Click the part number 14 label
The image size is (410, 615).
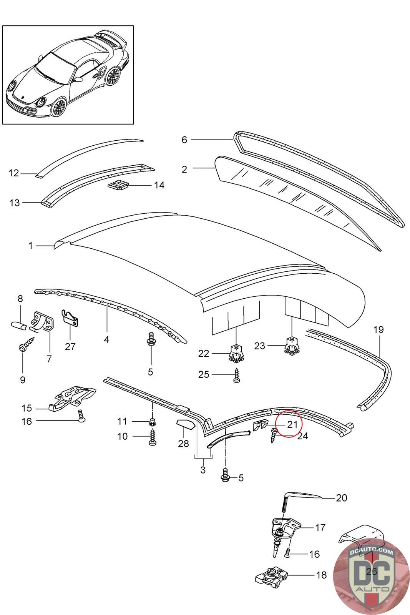tap(159, 185)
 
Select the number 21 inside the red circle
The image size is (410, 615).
tap(292, 424)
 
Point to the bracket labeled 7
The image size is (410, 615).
tap(43, 322)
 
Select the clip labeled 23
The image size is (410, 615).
tap(292, 345)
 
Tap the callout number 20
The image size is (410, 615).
tap(341, 498)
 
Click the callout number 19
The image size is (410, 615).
tap(378, 329)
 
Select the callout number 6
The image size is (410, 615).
tap(184, 140)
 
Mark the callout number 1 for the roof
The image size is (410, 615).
tap(31, 245)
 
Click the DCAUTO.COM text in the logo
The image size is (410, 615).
tap(372, 552)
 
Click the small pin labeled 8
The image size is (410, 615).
tap(18, 326)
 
